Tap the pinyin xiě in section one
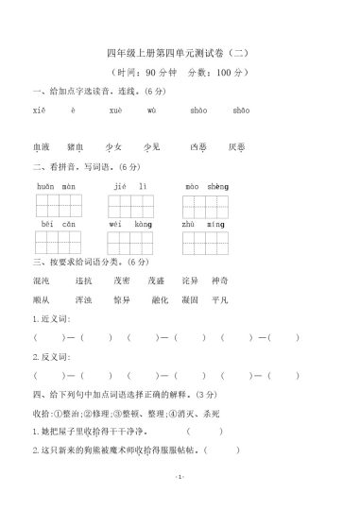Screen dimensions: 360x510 [38, 110]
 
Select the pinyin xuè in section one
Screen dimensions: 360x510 [115, 110]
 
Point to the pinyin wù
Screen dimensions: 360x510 [151, 110]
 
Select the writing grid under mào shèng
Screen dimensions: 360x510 [207, 204]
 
